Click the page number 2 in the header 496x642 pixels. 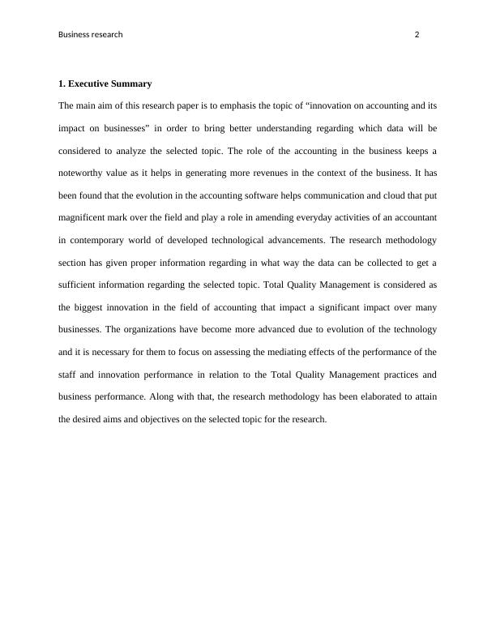(x=417, y=35)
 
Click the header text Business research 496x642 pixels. (x=91, y=35)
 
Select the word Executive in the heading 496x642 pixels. (x=94, y=83)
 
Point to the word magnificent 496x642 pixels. (x=87, y=218)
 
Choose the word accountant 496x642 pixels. (x=410, y=218)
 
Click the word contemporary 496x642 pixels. (x=100, y=240)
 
